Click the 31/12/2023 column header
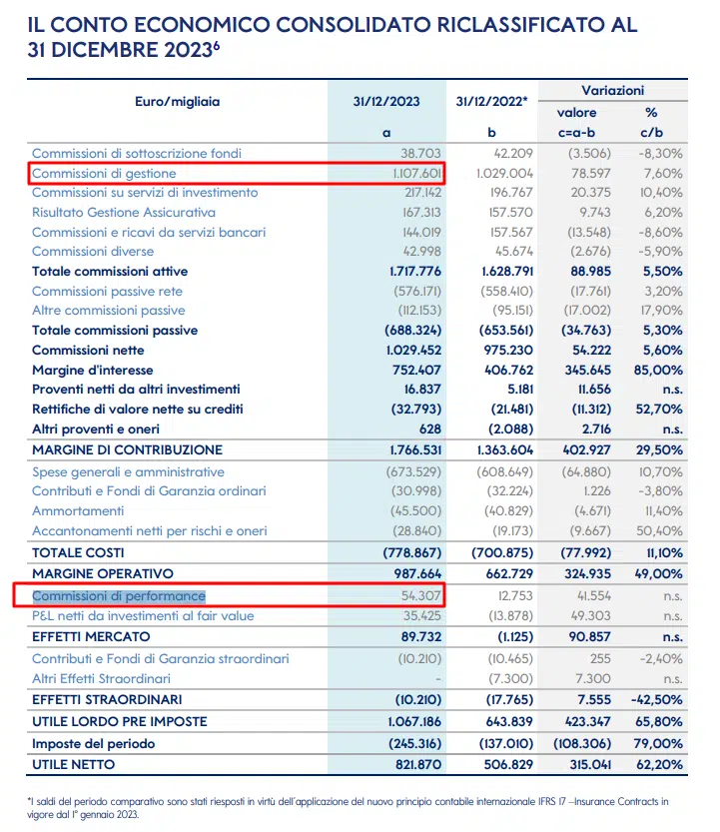click(x=386, y=101)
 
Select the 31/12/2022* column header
click(x=492, y=101)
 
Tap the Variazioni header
click(x=613, y=90)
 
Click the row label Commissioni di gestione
click(x=104, y=174)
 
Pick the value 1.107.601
click(x=417, y=174)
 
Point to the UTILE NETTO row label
click(x=73, y=765)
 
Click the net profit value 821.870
click(x=418, y=765)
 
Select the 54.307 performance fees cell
click(x=421, y=596)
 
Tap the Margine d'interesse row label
click(x=92, y=370)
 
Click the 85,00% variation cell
click(x=658, y=370)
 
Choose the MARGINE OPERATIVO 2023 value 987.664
click(x=417, y=573)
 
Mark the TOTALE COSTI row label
click(x=78, y=553)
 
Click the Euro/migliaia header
click(x=177, y=101)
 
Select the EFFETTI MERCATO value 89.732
click(x=421, y=637)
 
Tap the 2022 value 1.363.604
click(x=505, y=449)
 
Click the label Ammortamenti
click(x=78, y=511)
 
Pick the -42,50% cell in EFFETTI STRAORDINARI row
click(x=657, y=700)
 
